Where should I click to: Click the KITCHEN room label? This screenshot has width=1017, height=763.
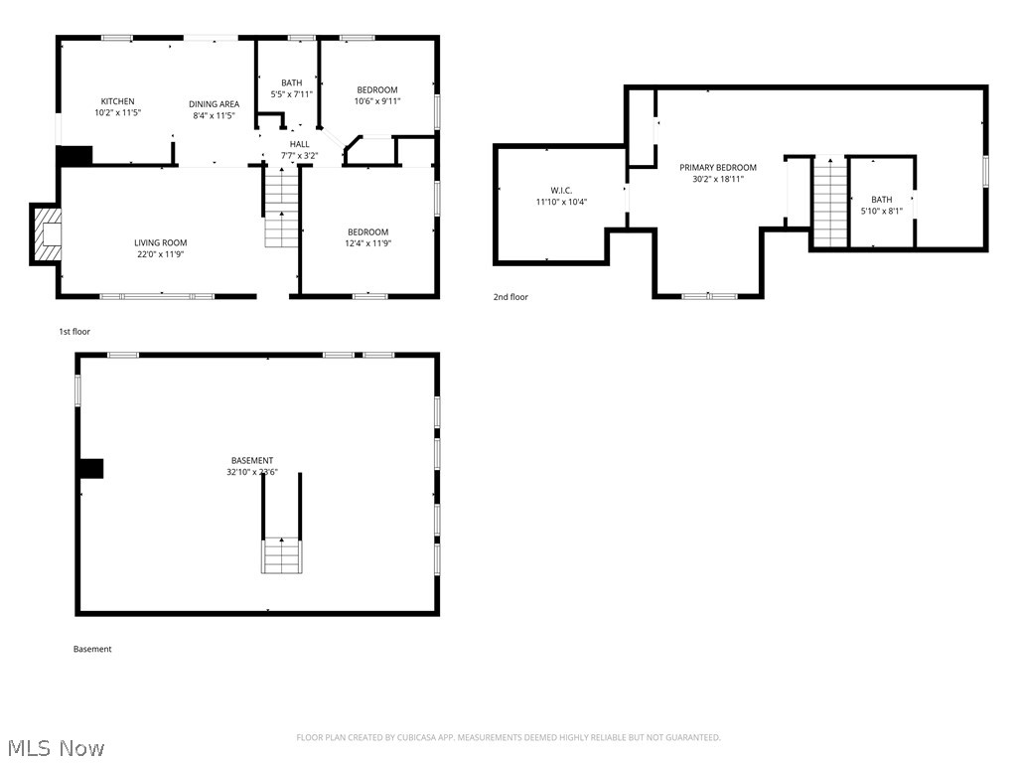point(117,101)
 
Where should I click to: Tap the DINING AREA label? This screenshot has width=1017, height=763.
point(215,104)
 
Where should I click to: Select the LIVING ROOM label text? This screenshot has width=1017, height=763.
point(161,242)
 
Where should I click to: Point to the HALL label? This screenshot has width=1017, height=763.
point(299,144)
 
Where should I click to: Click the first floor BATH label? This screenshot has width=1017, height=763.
point(291,83)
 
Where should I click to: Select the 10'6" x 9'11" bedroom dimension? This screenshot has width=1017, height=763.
point(377,101)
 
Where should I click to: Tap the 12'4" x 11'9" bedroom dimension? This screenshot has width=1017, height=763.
point(367,243)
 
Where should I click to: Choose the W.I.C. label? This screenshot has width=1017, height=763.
point(561,191)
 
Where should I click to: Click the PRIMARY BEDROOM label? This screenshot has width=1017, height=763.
point(718,168)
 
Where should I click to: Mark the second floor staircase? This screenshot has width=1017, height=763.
point(830,204)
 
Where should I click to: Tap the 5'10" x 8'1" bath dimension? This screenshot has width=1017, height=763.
point(882,211)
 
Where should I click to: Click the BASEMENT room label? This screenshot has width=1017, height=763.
point(252,461)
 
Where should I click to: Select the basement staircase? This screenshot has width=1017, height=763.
point(282,554)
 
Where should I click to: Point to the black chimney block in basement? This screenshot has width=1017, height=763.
point(91,468)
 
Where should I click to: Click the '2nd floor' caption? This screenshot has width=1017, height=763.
point(511,297)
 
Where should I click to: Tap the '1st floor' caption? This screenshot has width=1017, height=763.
point(74,332)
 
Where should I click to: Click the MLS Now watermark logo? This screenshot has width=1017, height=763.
point(56,747)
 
